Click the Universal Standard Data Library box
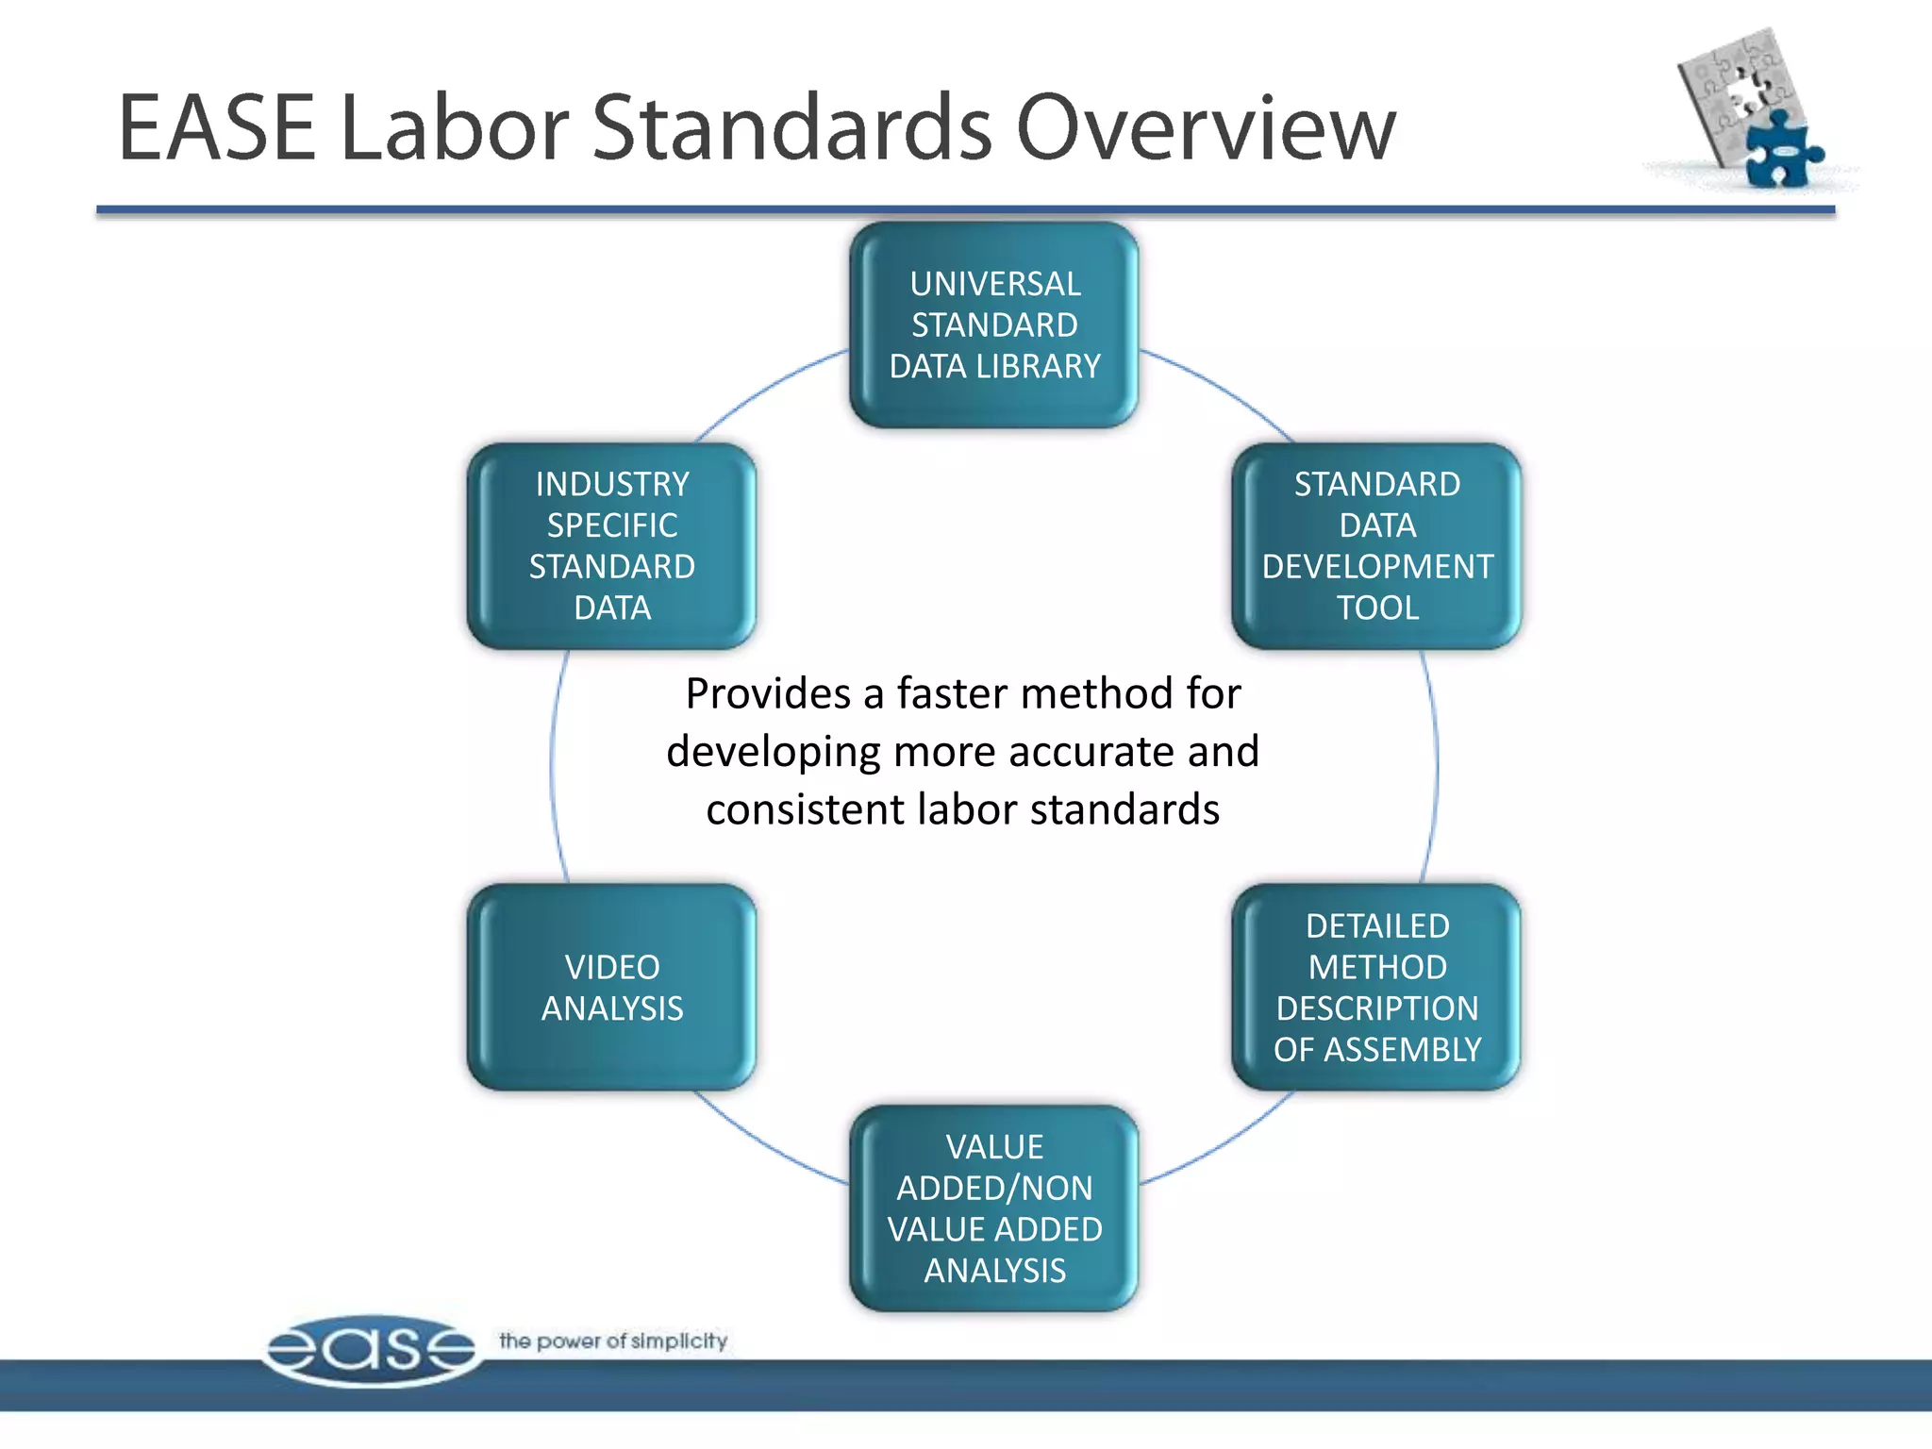[993, 325]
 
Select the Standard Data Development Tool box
[1376, 545]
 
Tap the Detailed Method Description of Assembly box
[1376, 987]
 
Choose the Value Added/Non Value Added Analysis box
[993, 1207]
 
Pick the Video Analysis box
[611, 987]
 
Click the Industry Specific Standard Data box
[611, 545]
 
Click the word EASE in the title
[217, 128]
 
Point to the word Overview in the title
[1206, 128]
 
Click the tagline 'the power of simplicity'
[613, 1341]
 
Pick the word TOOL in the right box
[1377, 608]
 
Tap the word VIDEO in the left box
[612, 967]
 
